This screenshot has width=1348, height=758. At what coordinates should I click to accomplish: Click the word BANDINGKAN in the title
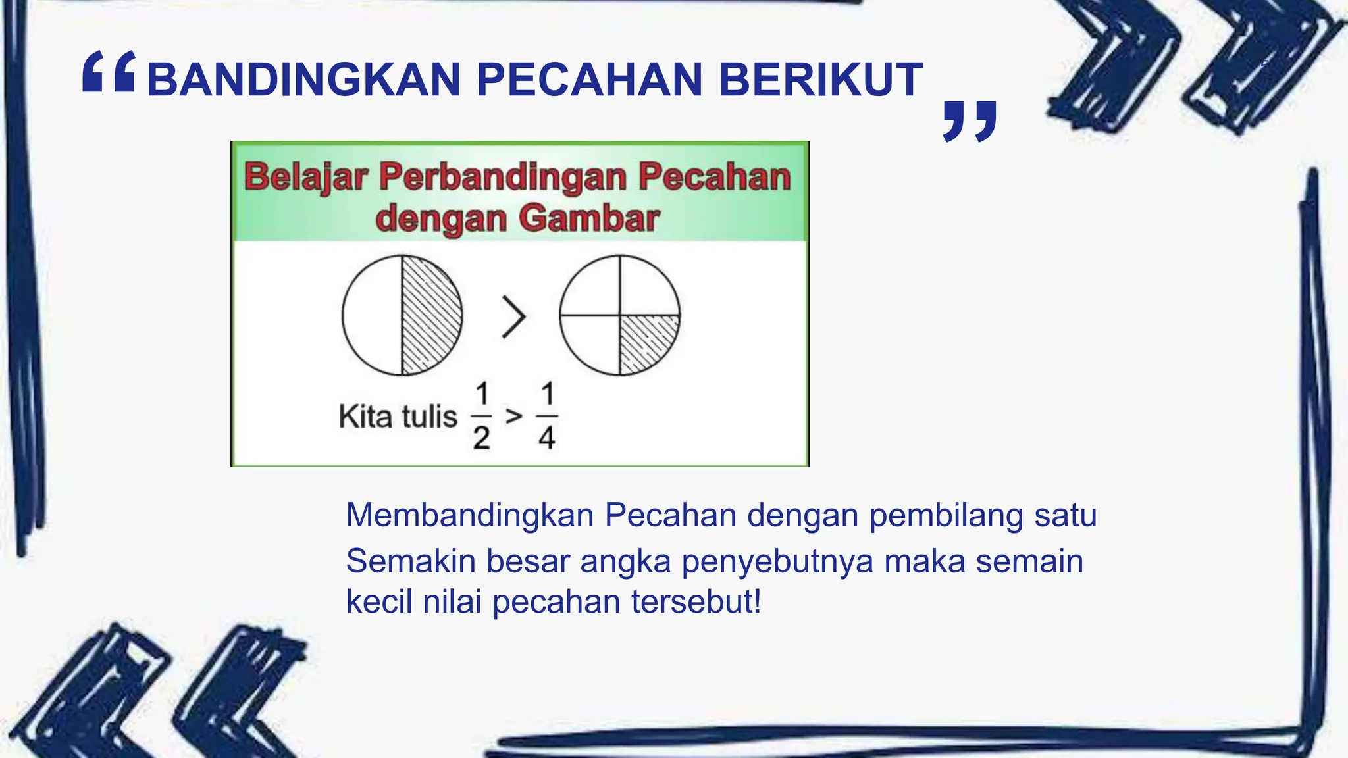point(303,80)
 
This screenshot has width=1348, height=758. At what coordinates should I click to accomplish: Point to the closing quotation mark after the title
point(970,121)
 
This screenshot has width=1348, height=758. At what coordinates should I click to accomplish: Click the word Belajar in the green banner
point(305,177)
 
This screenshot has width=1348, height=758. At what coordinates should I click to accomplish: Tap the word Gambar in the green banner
point(588,218)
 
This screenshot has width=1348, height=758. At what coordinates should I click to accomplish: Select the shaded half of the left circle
point(429,315)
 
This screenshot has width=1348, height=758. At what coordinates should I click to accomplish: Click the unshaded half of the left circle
point(373,315)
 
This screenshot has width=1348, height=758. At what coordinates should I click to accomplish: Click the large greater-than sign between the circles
point(513,316)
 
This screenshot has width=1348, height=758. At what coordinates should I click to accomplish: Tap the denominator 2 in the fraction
point(481,438)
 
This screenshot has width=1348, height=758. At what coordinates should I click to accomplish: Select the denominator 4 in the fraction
point(547,438)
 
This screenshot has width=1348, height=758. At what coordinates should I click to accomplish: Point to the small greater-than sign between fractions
point(514,417)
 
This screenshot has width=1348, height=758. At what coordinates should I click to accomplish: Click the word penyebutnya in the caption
point(777,561)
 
